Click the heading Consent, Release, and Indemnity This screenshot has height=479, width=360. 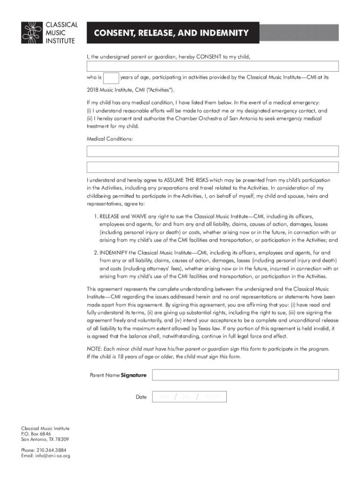point(171,33)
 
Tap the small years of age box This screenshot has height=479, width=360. point(111,78)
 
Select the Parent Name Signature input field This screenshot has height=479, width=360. point(245,375)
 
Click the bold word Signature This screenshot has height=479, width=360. point(134,375)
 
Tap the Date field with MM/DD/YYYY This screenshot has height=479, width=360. point(189,397)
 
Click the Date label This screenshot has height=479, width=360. point(141,397)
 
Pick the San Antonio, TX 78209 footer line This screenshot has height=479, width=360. point(45,439)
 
